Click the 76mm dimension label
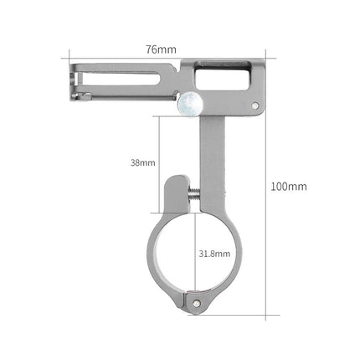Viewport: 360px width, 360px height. pos(161,49)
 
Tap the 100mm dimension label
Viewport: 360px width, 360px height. pos(291,186)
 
